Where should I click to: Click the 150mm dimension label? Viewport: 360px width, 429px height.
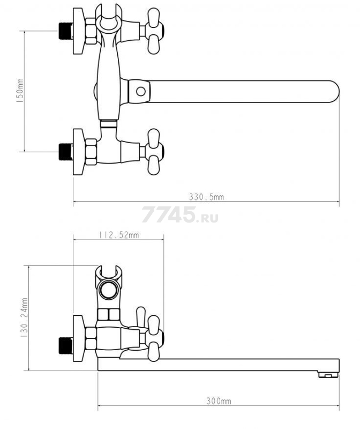(20, 91)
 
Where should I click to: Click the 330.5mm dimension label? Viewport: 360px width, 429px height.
(206, 197)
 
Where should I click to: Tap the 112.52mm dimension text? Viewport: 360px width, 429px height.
(119, 235)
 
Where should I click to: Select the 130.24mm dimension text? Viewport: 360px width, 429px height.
(25, 317)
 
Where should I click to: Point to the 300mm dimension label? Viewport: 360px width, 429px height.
(219, 401)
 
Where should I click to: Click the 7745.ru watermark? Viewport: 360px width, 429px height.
(180, 214)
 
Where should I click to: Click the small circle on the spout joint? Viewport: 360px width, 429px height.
(141, 91)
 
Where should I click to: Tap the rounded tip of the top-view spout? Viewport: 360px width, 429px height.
(335, 91)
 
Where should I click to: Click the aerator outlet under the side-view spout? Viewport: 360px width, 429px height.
(328, 374)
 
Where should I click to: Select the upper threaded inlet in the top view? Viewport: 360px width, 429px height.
(65, 31)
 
